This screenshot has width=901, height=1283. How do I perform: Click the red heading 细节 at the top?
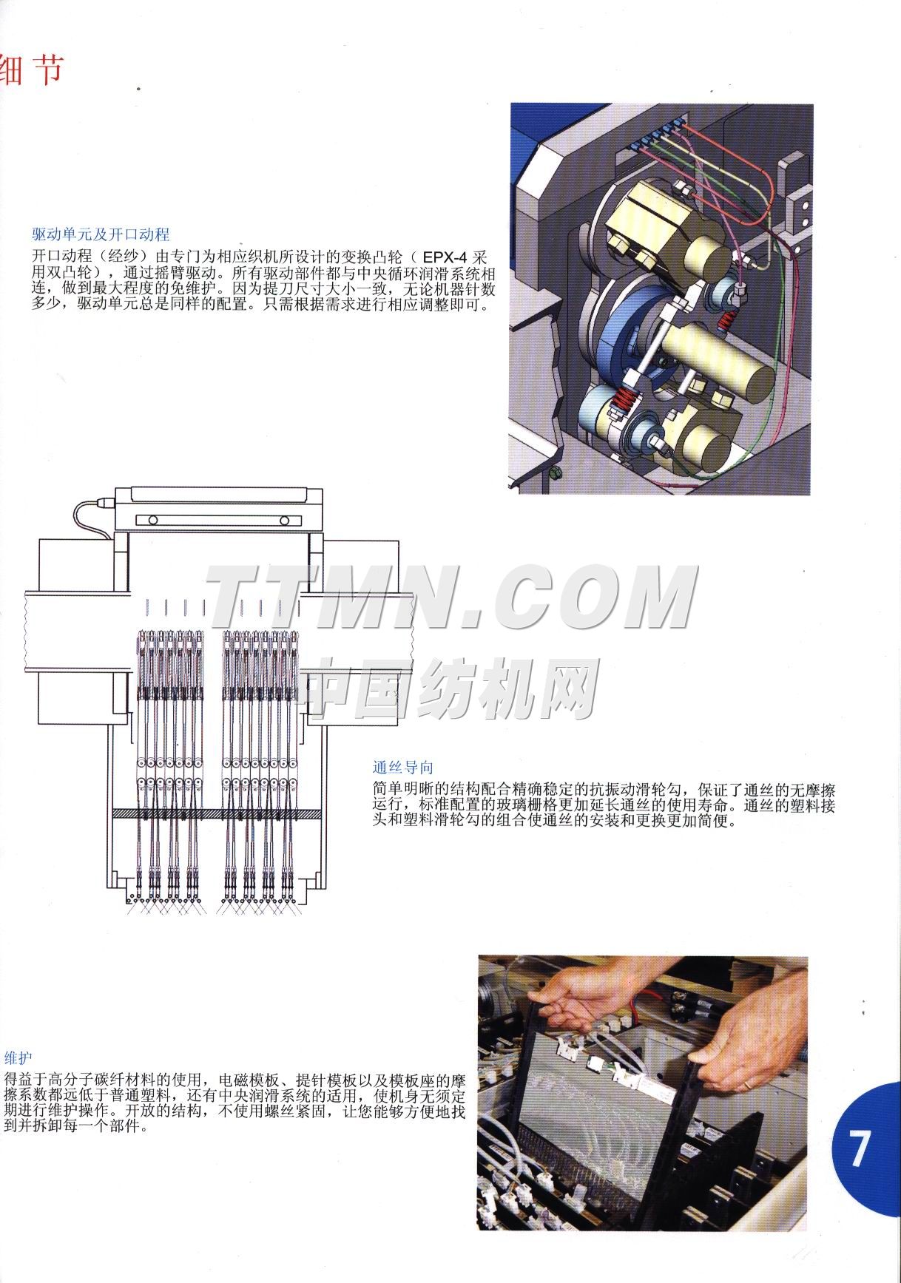coord(33,71)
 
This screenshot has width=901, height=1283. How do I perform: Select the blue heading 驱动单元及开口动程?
coord(101,234)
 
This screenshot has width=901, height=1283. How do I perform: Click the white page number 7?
coord(858,1148)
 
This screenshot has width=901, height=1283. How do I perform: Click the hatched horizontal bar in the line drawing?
coord(217,813)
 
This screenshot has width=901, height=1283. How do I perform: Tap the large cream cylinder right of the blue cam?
coord(714,356)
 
